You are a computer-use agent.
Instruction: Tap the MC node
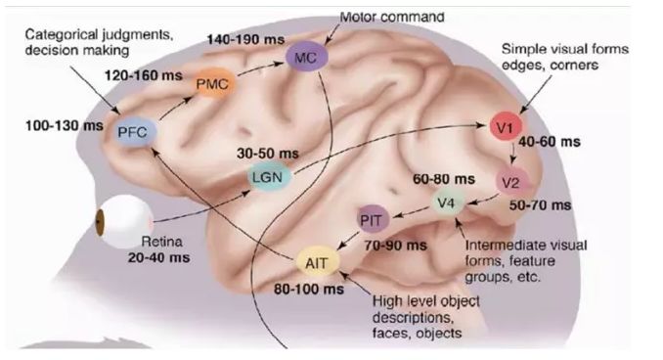pyautogui.click(x=305, y=60)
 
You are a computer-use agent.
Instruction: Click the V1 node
pyautogui.click(x=508, y=129)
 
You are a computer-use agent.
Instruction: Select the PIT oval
pyautogui.click(x=370, y=218)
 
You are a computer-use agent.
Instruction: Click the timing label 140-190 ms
pyautogui.click(x=243, y=37)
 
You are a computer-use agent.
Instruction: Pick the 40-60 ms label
pyautogui.click(x=551, y=142)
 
